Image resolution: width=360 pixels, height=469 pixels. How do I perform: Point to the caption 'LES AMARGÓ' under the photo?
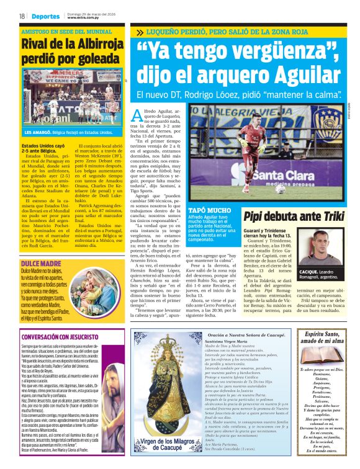point(38,133)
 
